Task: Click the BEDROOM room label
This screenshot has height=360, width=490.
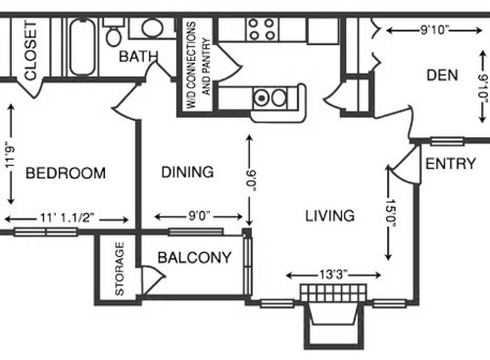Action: [x=65, y=174]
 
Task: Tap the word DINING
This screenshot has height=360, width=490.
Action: [x=186, y=173]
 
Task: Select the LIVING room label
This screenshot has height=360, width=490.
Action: [x=328, y=215]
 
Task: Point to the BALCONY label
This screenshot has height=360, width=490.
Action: [x=194, y=259]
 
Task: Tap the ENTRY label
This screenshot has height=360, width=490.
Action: [x=450, y=164]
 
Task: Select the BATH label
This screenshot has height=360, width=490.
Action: [x=138, y=57]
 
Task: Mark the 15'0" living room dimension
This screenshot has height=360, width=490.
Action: [x=391, y=214]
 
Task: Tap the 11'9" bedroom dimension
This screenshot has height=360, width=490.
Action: [x=13, y=154]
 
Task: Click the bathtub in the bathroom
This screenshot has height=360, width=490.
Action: [x=82, y=43]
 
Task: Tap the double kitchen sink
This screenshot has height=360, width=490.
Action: [x=269, y=98]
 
